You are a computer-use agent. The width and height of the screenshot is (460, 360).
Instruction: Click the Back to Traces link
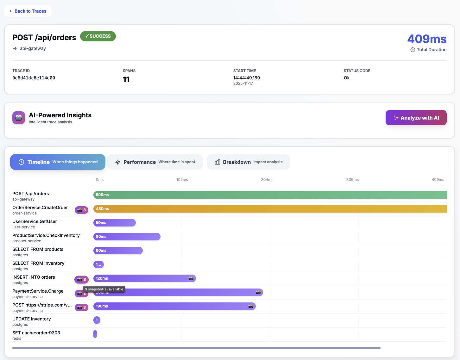28,11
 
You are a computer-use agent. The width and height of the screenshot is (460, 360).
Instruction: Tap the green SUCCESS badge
98,36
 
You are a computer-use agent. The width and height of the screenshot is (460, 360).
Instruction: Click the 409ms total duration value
426,39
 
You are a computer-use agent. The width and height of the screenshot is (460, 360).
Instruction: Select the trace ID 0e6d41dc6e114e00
34,78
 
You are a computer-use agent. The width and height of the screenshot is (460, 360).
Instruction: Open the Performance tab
155,162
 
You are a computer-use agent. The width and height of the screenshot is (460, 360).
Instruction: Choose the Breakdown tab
248,162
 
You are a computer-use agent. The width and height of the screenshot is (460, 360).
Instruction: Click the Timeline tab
58,162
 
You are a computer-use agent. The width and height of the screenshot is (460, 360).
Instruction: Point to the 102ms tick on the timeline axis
182,180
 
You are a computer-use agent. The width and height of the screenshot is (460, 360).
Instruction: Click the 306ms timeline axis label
352,180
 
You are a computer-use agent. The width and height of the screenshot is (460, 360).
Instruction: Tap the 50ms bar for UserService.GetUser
115,223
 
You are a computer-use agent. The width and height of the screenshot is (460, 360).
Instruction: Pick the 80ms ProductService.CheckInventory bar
127,237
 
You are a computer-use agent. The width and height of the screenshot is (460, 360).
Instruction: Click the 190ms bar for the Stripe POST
174,306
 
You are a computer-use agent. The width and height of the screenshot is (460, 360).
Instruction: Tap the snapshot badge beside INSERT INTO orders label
81,280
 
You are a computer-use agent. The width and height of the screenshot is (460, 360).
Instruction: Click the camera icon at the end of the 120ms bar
191,278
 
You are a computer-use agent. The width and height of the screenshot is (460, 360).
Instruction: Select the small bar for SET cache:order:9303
95,334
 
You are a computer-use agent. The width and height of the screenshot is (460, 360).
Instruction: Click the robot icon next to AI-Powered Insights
19,118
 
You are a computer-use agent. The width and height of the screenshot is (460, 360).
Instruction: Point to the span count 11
126,79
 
